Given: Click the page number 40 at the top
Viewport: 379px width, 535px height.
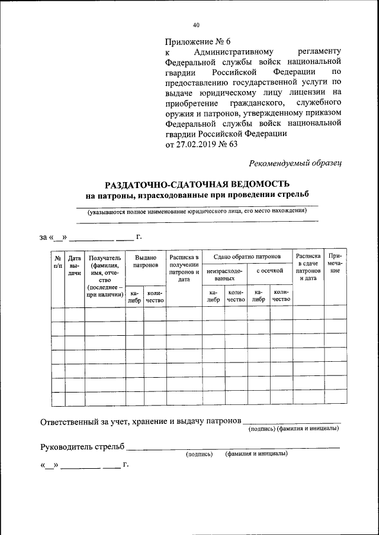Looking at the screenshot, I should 196,25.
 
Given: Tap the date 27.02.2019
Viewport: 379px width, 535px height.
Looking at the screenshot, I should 194,144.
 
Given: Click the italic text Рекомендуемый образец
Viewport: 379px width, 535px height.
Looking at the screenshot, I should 295,163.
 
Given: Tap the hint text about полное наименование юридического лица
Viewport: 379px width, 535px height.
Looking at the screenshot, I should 197,210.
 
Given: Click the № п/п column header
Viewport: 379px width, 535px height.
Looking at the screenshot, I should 58,262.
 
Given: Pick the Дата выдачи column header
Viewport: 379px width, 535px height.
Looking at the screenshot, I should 75,265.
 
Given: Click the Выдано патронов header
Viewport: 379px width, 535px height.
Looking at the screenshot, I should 146,262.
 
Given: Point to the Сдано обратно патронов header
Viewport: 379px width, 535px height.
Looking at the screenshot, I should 248,257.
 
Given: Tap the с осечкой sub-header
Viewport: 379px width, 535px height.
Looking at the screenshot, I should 270,270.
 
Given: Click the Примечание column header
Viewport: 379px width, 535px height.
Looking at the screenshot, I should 335,262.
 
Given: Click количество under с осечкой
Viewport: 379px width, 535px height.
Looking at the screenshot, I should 281,296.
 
